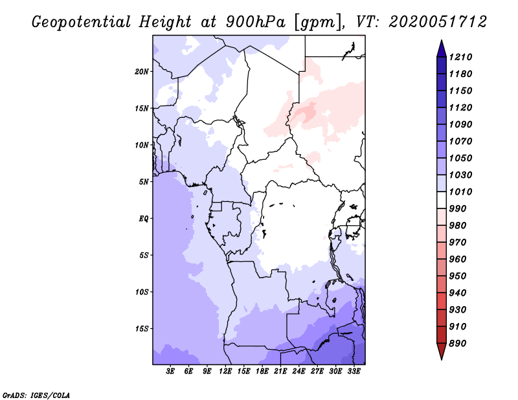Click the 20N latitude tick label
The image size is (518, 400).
(142, 71)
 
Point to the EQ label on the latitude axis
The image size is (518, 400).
(143, 218)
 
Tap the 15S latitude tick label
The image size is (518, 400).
(142, 328)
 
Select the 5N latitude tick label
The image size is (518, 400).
(143, 181)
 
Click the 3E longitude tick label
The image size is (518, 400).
(171, 372)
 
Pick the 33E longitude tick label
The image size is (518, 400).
(354, 372)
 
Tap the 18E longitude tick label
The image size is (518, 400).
(262, 372)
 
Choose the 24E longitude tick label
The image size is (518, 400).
(298, 372)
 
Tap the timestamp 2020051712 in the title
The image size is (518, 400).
(438, 22)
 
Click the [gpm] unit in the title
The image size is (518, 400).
(314, 22)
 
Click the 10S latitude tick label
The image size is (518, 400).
(142, 291)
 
